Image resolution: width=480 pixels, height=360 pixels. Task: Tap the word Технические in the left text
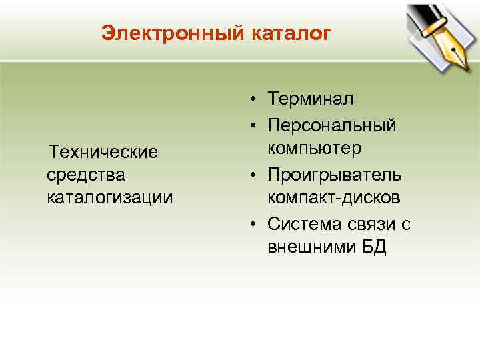coord(103,152)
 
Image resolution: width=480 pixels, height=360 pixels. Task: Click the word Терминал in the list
coord(311,99)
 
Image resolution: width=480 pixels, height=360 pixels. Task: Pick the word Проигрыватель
coord(334,174)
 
